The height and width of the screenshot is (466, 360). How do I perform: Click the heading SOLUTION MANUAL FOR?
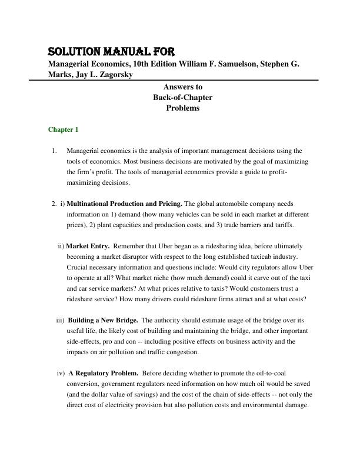[x=111, y=51]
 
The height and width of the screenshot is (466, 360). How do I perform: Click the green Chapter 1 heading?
[x=63, y=129]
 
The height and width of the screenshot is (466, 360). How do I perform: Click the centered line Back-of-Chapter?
[x=182, y=97]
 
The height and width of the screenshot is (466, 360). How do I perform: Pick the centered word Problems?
[x=182, y=108]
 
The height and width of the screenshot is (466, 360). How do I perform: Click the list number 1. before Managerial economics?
[x=54, y=151]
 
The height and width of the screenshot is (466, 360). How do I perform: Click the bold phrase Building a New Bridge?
[x=103, y=320]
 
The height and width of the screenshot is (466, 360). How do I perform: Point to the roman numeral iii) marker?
[x=60, y=320]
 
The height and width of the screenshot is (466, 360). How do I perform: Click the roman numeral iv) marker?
[x=61, y=373]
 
